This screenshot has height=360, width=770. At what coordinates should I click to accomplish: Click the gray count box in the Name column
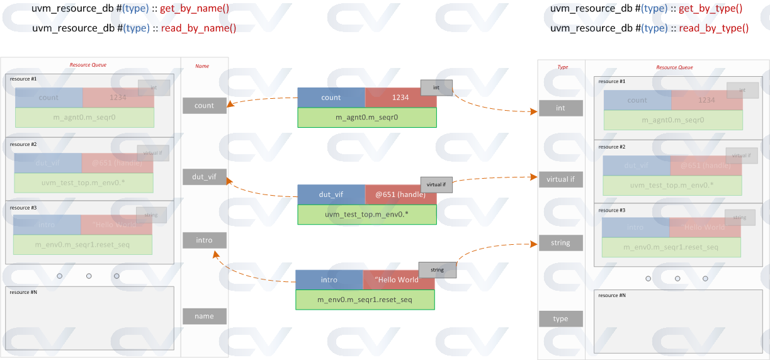click(204, 106)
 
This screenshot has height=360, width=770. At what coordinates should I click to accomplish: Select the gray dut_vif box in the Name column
click(204, 177)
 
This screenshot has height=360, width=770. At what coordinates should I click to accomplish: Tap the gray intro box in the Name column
click(204, 240)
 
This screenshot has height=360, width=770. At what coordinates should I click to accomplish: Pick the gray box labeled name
click(204, 317)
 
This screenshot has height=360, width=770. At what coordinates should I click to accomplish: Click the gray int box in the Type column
click(560, 108)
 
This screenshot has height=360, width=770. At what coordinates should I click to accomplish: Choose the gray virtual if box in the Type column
click(560, 179)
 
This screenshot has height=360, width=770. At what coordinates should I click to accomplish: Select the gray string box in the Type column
click(560, 243)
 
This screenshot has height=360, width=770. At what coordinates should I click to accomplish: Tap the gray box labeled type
click(560, 319)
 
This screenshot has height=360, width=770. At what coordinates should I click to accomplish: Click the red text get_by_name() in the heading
click(195, 9)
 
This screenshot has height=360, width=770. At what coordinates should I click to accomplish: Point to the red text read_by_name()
click(198, 28)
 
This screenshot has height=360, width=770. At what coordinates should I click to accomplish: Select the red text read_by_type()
click(713, 28)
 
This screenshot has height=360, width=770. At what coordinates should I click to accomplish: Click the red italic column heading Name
click(202, 66)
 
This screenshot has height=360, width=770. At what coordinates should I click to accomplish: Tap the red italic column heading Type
click(563, 67)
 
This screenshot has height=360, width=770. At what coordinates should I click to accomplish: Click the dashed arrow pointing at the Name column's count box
click(261, 101)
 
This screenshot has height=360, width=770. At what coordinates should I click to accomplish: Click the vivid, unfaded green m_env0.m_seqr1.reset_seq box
click(365, 300)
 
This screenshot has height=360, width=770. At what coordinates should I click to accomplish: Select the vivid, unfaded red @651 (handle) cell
click(400, 194)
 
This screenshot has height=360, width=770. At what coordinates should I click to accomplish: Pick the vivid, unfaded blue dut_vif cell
click(331, 194)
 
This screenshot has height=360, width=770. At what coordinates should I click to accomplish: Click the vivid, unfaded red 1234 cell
click(400, 98)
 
